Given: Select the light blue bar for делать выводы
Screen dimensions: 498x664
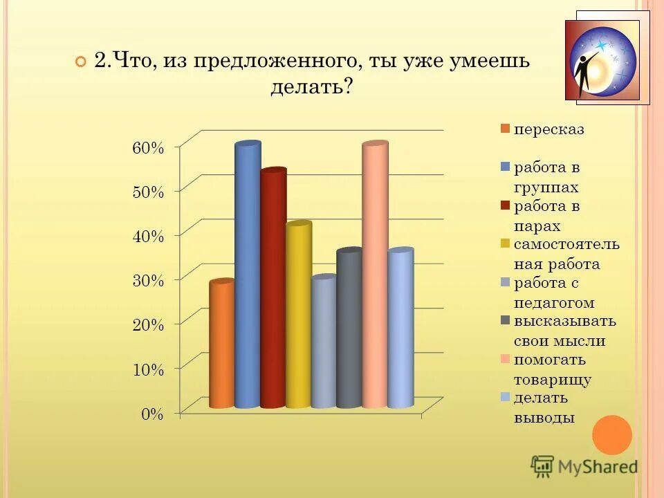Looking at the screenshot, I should pos(400,329).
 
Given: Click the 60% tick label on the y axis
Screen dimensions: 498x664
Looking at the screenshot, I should pos(147,147).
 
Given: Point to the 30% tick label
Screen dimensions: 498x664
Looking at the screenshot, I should pos(147,280).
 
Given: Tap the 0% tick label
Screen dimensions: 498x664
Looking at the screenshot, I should pos(152,414).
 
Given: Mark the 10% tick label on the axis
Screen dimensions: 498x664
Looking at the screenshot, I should pos(147,369).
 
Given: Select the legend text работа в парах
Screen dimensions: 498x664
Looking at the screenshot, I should pos(546,216).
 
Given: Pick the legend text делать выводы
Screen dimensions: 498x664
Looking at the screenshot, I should pos(544,407).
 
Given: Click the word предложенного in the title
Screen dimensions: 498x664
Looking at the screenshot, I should pos(275,60).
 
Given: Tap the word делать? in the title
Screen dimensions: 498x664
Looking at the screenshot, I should pos(311,86).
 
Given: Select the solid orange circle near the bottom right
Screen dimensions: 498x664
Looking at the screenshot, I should pos(612,435).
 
